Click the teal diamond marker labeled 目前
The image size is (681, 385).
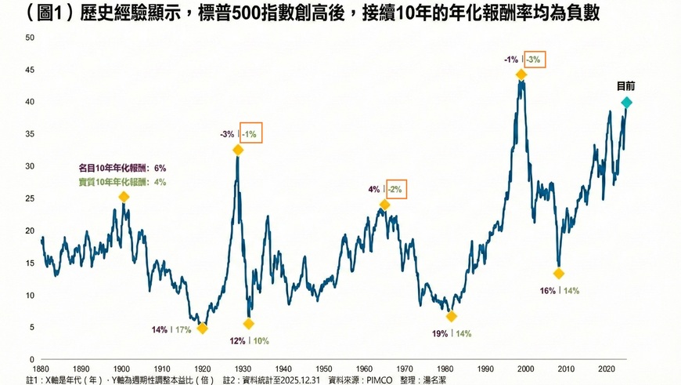pyautogui.click(x=626, y=102)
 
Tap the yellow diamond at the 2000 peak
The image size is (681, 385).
pyautogui.click(x=521, y=74)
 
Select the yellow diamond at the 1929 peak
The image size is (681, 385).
pyautogui.click(x=238, y=150)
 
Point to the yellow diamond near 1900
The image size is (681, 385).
pyautogui.click(x=124, y=197)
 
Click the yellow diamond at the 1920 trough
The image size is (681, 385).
pyautogui.click(x=203, y=329)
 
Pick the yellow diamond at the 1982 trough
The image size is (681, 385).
pyautogui.click(x=451, y=316)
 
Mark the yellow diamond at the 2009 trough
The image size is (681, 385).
pyautogui.click(x=558, y=274)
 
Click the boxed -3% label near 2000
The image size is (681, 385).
pyautogui.click(x=533, y=60)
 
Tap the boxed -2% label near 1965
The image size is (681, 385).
pyautogui.click(x=395, y=189)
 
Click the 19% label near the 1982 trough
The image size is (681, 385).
pyautogui.click(x=440, y=333)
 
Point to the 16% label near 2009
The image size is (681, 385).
pyautogui.click(x=547, y=291)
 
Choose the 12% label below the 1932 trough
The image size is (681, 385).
pyautogui.click(x=237, y=340)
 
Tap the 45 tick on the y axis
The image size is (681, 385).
pyautogui.click(x=30, y=70)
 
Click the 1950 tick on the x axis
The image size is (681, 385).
pyautogui.click(x=324, y=367)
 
